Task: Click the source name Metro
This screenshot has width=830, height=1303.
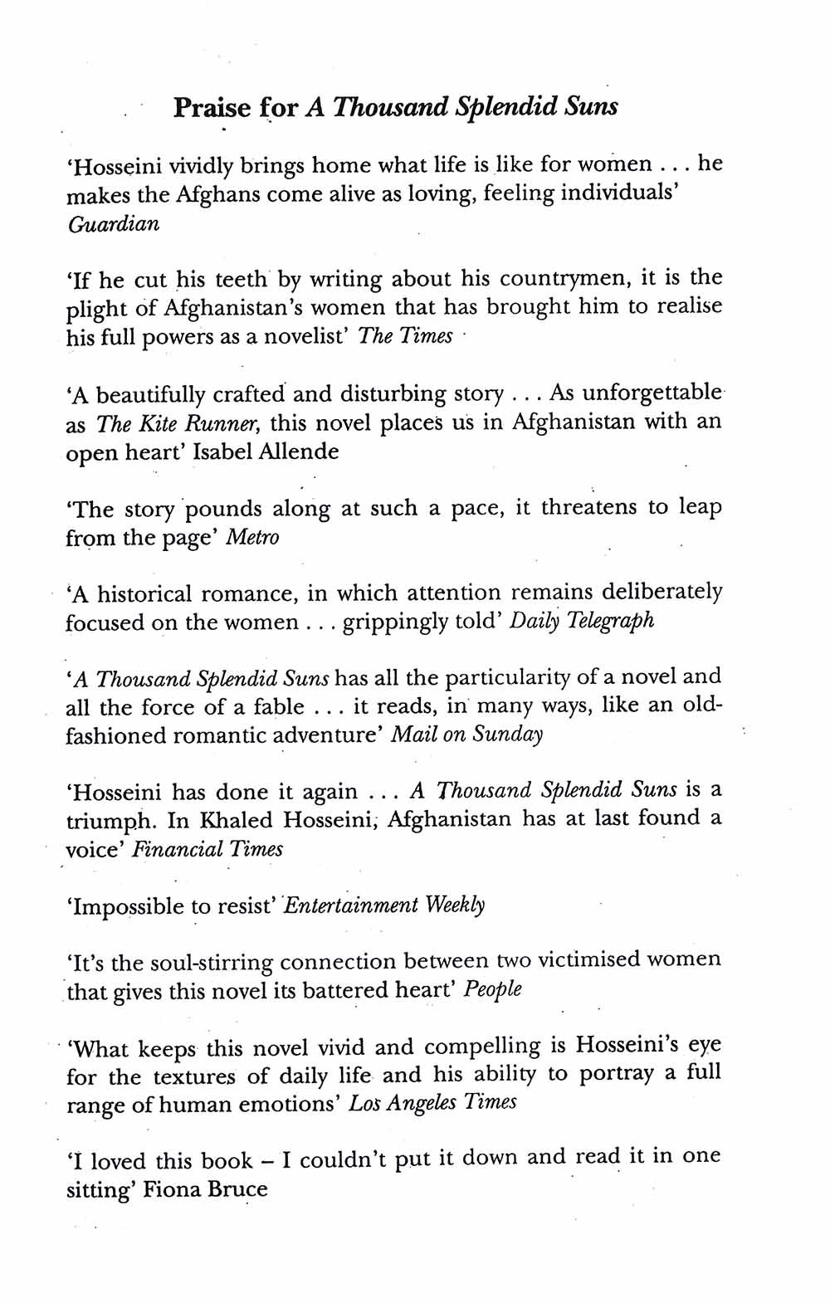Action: (252, 538)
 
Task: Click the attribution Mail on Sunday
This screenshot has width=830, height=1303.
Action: (466, 735)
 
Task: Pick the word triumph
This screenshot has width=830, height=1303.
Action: (110, 821)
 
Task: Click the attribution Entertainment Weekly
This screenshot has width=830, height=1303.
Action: (384, 905)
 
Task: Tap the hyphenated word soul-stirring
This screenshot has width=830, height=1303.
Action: (212, 963)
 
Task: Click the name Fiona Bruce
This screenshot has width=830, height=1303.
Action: (205, 1190)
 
